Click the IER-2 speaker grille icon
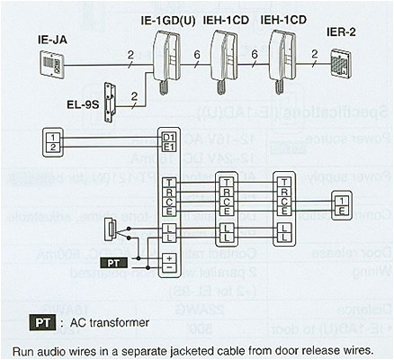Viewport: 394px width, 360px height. click(345, 64)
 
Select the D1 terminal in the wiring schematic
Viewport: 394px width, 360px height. click(167, 137)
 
